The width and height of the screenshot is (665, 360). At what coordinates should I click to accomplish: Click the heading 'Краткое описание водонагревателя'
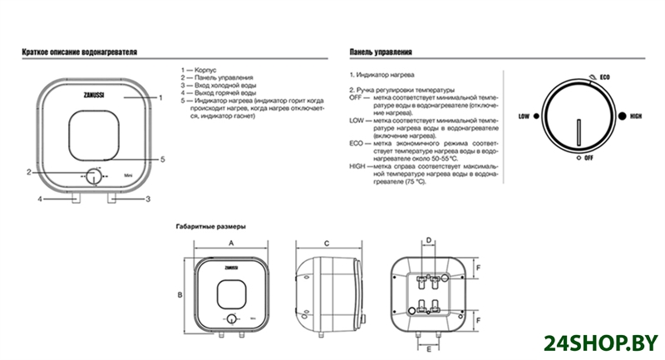pyautogui.click(x=79, y=52)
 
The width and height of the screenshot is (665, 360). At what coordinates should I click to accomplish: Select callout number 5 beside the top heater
pyautogui.click(x=163, y=159)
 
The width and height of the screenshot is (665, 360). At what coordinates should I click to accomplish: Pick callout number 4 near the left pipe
pyautogui.click(x=39, y=199)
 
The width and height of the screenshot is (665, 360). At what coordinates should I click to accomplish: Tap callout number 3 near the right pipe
pyautogui.click(x=147, y=199)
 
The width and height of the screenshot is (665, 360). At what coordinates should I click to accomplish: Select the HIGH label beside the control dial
pyautogui.click(x=637, y=116)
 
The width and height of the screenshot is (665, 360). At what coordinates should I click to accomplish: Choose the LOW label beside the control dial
pyautogui.click(x=525, y=116)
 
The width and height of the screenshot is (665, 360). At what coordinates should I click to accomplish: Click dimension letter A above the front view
pyautogui.click(x=230, y=241)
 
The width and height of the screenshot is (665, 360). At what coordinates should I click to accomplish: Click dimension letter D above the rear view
pyautogui.click(x=428, y=240)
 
